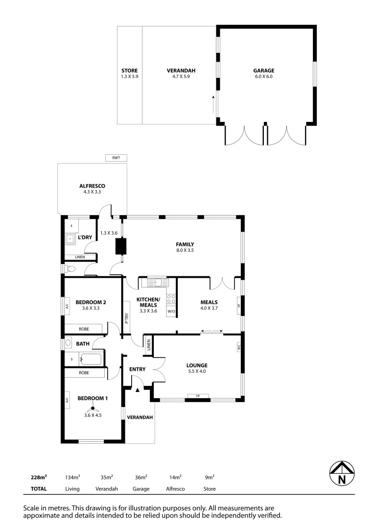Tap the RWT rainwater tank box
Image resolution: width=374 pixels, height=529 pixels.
tap(116, 158)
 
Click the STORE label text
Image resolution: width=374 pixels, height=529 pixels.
tap(129, 71)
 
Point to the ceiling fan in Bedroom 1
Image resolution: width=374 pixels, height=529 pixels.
tap(92, 409)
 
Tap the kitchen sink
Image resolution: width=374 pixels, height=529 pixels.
tap(155, 282)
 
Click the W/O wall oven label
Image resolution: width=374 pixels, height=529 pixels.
tap(171, 312)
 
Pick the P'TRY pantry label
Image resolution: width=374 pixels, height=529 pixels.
tap(126, 319)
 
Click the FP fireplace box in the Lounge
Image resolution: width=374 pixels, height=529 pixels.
tap(198, 396)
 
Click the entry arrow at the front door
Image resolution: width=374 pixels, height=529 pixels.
tap(138, 390)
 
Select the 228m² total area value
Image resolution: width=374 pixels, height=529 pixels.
tap(39, 477)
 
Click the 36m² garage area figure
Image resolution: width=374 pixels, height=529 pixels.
tap(141, 477)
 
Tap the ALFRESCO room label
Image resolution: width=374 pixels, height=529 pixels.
tap(92, 186)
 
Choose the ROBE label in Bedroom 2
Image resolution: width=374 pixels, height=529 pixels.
tap(84, 329)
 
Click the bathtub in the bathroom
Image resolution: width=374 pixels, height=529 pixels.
tap(91, 359)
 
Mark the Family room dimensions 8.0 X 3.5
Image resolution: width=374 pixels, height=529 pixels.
tap(186, 250)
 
